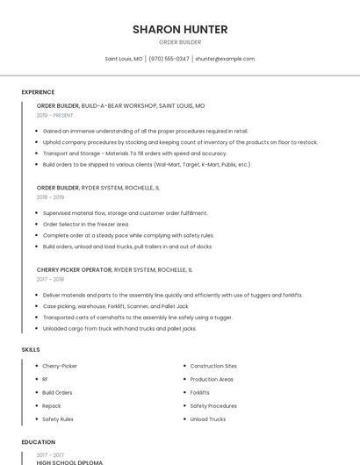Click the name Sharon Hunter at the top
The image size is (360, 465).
tap(180, 29)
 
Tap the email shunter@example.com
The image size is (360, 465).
tap(225, 59)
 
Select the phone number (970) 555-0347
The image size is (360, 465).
tap(169, 59)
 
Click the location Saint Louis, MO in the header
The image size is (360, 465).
tap(124, 59)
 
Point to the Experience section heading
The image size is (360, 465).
tap(38, 92)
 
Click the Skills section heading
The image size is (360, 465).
tap(31, 349)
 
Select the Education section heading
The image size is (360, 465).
tap(39, 442)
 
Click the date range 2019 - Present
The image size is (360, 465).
tap(55, 115)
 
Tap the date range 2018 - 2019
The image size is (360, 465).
tap(51, 197)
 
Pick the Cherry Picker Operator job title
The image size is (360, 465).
tap(75, 270)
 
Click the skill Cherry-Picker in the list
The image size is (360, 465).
tap(60, 366)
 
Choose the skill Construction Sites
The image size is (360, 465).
tap(213, 366)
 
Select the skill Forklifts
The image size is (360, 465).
tap(199, 392)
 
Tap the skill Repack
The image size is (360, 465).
tap(52, 406)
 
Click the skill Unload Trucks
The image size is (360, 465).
tap(207, 419)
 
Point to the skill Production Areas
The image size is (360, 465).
tap(212, 379)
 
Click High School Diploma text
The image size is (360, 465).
tap(69, 462)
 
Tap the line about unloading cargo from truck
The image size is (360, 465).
tap(119, 329)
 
